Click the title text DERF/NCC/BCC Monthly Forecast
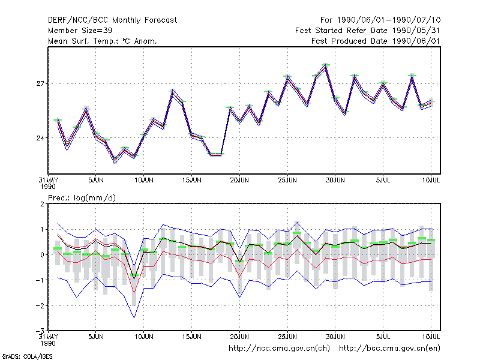(x=112, y=20)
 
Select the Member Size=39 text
(x=80, y=31)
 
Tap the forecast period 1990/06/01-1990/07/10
(x=389, y=20)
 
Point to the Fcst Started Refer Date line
(x=368, y=31)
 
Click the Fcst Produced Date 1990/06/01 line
(x=376, y=41)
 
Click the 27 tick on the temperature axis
(x=40, y=83)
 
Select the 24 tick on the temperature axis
(x=40, y=138)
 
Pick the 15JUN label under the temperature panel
(x=191, y=181)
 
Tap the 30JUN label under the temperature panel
(x=335, y=181)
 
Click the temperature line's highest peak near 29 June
(x=326, y=65)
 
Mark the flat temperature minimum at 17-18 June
(x=216, y=155)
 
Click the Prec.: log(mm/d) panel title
(x=82, y=198)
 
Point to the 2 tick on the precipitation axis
(x=42, y=204)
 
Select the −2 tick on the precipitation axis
(x=40, y=306)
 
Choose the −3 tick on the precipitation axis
(x=40, y=331)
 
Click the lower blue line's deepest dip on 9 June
(x=134, y=317)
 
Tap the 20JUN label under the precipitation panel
(x=239, y=337)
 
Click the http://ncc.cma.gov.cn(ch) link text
(x=279, y=349)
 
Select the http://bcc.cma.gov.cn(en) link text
(x=389, y=349)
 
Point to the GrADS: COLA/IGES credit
(x=27, y=356)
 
